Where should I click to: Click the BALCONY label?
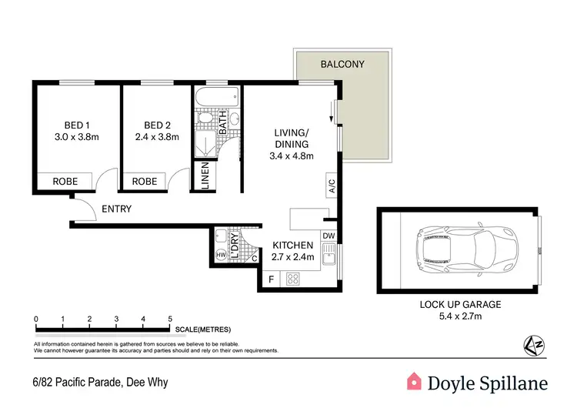click(344, 64)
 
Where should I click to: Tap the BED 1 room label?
click(76, 125)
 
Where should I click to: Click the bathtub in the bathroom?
click(216, 98)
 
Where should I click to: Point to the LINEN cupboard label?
click(205, 177)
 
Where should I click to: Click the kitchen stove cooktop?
click(293, 279)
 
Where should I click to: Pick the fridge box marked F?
click(271, 279)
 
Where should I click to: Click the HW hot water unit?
click(222, 255)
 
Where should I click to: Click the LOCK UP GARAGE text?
click(460, 304)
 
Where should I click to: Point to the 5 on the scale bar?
click(169, 319)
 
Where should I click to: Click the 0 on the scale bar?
click(36, 319)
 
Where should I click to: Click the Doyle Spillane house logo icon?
click(415, 381)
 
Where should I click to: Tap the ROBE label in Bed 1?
click(65, 182)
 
